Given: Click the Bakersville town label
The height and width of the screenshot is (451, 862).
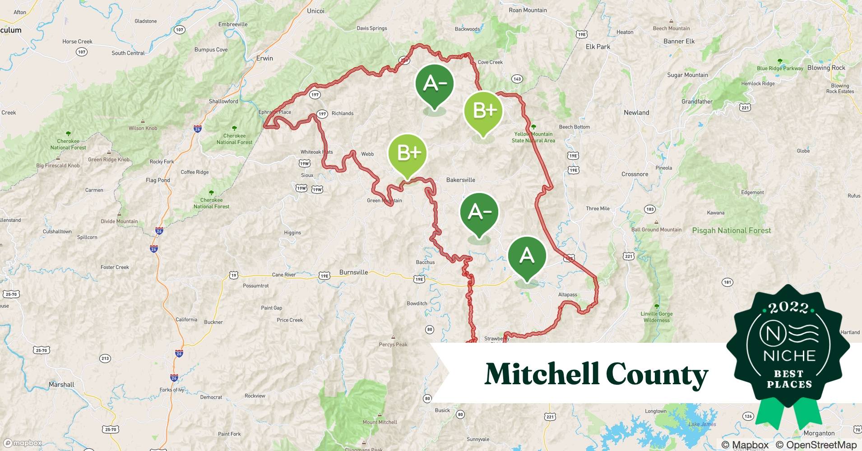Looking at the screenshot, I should point(460,180).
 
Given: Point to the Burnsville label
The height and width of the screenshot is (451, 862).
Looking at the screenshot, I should point(353,272).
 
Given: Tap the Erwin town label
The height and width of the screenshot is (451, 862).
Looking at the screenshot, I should point(264,59).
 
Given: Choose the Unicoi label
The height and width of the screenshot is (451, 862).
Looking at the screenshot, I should point(315,11).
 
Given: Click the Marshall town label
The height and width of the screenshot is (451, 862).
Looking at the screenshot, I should point(61,385).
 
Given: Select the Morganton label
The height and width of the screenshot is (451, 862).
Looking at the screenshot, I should point(819,433).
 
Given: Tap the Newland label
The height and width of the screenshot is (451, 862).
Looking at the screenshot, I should point(636,113).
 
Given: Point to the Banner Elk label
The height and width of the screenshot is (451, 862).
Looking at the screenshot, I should point(679,41).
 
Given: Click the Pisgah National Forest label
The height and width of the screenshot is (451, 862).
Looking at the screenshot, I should point(731,230).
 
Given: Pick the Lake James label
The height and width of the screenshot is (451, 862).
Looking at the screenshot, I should point(702,424).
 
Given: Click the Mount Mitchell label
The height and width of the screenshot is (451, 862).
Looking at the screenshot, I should point(380,422).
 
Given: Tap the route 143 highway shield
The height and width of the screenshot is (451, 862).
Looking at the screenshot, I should point(517,79).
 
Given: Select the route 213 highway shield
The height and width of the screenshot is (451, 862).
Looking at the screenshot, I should point(105,359).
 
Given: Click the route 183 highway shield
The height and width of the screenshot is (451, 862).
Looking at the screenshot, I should point(650,209).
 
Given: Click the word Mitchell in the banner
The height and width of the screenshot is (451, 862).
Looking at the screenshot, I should point(542,374).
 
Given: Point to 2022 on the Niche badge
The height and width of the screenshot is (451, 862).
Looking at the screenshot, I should point(788,308).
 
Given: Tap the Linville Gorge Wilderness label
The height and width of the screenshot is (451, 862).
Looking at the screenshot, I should point(657,317).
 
